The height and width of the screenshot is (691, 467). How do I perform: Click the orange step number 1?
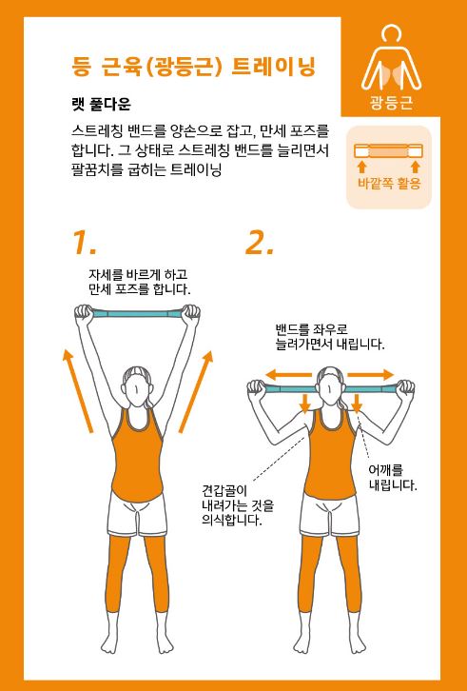[84, 244]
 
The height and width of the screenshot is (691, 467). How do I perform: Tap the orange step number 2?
[260, 244]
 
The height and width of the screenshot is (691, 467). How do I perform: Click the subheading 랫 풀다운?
[101, 105]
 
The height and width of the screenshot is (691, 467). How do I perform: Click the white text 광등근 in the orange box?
[390, 103]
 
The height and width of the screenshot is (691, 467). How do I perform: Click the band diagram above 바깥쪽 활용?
[389, 150]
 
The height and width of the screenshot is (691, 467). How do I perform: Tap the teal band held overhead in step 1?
[137, 314]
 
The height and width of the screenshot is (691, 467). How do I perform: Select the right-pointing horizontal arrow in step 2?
[370, 375]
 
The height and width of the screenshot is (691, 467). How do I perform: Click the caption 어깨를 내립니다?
[393, 478]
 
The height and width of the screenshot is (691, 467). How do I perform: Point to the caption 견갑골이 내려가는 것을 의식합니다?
[238, 505]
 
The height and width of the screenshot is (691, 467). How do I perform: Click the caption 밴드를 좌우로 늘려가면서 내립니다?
[329, 337]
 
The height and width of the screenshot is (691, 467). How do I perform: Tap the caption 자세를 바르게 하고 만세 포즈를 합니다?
[140, 283]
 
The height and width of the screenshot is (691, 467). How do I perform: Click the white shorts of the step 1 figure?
[138, 514]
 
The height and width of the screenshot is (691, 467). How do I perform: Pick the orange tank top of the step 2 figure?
[330, 459]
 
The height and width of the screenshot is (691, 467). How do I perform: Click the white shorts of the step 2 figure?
[330, 514]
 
